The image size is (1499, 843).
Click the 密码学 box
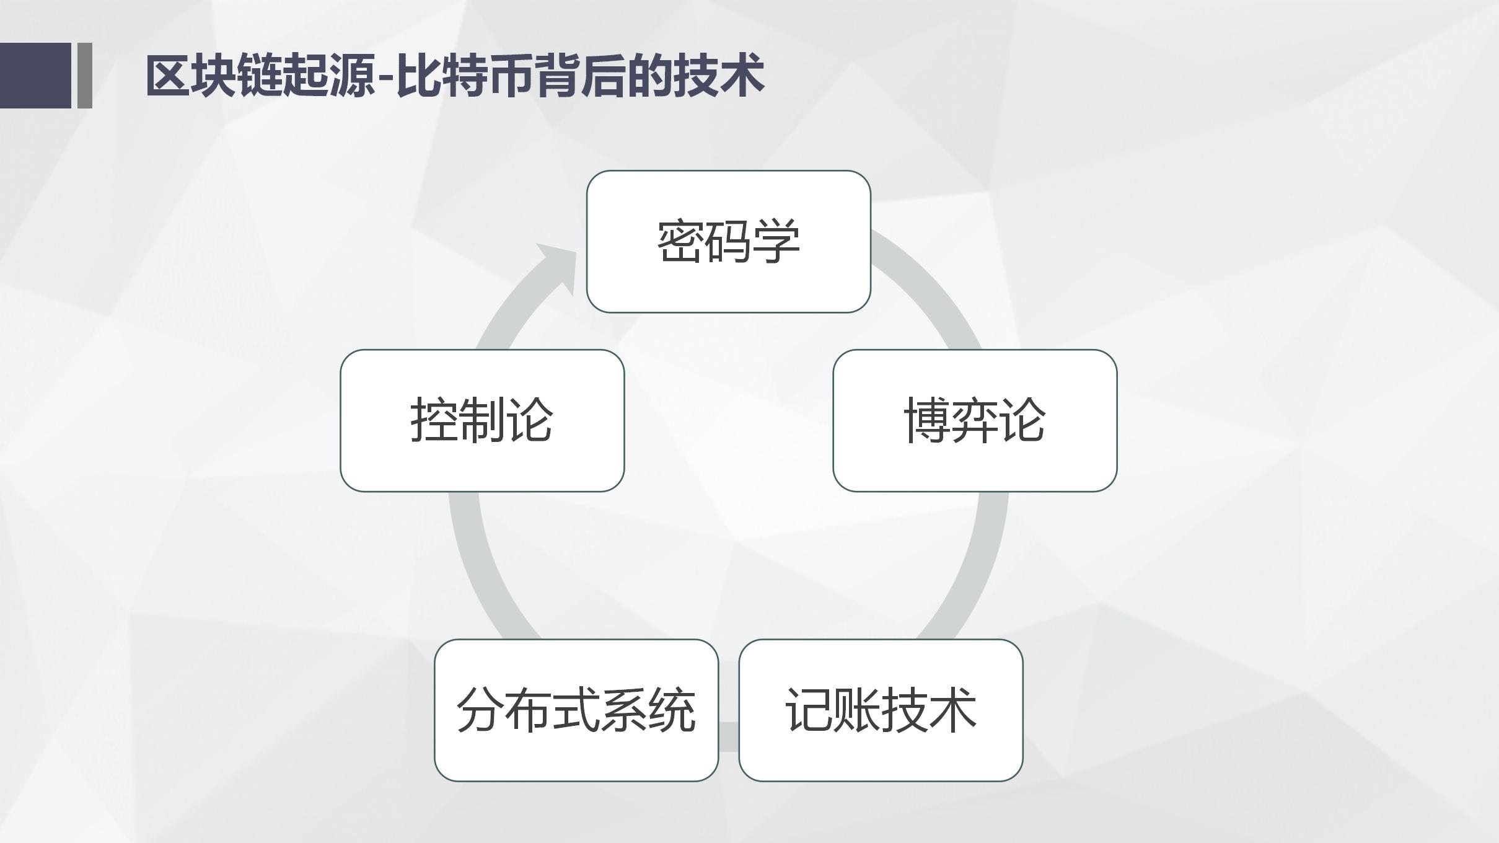[728, 242]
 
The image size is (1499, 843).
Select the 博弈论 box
[975, 421]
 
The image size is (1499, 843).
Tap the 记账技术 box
[881, 710]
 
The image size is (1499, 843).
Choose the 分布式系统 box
[576, 710]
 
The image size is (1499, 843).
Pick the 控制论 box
[482, 421]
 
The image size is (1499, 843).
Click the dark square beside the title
[35, 75]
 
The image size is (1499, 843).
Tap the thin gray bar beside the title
[85, 75]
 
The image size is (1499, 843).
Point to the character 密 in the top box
[681, 242]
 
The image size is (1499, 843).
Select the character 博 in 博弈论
[928, 421]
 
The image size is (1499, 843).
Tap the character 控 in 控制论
[434, 421]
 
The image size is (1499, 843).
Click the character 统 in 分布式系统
[672, 710]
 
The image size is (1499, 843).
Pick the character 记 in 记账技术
[809, 710]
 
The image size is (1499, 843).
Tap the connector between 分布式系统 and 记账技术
[729, 736]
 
